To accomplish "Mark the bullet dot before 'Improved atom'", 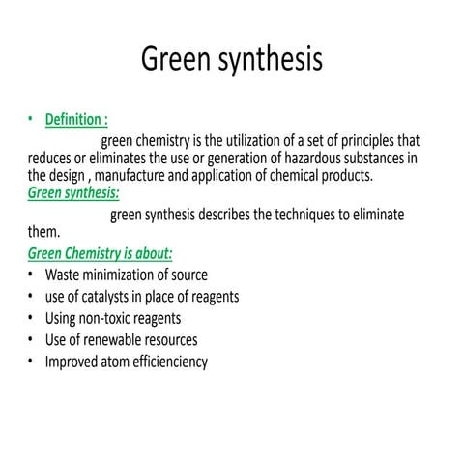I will (32, 362).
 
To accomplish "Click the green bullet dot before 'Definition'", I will (32, 120).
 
